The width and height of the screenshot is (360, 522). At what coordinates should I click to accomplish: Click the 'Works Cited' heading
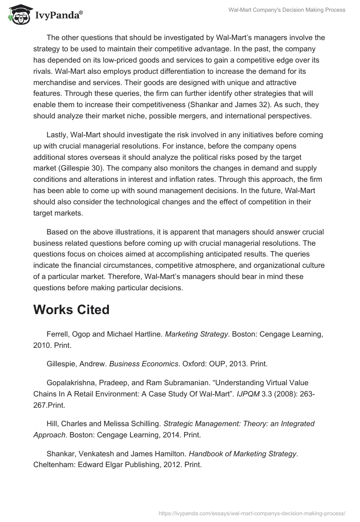click(71, 310)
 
